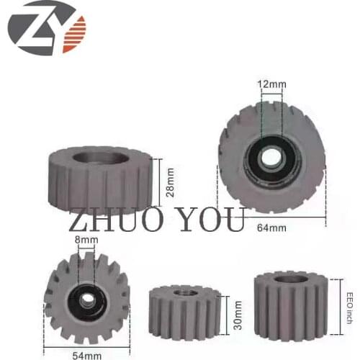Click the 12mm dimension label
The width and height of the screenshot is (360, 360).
272,83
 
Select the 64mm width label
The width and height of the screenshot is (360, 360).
272,229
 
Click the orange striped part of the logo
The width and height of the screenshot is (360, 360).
73,34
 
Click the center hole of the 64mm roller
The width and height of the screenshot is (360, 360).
271,157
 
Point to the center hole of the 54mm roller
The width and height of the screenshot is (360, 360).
86,298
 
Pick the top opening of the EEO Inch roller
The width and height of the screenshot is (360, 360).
291,279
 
